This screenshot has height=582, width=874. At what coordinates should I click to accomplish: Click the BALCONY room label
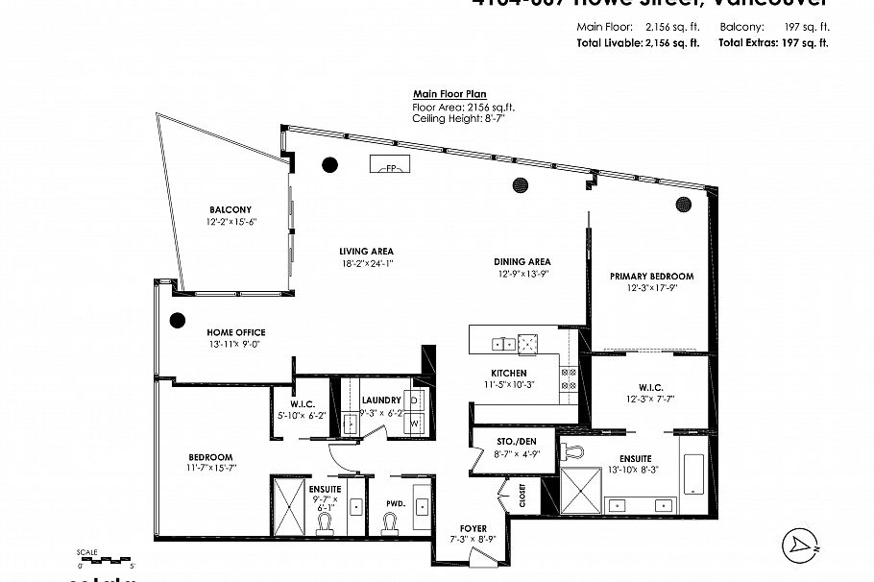(231, 209)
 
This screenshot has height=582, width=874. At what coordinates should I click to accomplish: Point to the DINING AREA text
(524, 261)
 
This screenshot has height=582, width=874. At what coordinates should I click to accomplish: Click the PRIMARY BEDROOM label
(651, 277)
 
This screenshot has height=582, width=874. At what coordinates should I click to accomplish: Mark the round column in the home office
(178, 322)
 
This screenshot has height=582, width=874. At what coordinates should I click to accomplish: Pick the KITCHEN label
(509, 373)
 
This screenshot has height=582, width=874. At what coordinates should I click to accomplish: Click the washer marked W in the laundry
(416, 422)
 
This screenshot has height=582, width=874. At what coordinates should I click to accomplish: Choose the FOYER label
(473, 529)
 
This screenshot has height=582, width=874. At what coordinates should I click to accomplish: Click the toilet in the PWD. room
(390, 521)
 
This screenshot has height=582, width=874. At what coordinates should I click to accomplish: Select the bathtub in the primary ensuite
(692, 473)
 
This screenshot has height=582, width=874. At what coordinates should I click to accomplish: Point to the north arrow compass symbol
(798, 545)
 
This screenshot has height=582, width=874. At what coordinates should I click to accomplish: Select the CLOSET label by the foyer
(522, 495)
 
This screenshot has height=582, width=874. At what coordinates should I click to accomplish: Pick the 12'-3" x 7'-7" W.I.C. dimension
(651, 398)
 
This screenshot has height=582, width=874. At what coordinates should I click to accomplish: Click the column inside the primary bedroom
(684, 203)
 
